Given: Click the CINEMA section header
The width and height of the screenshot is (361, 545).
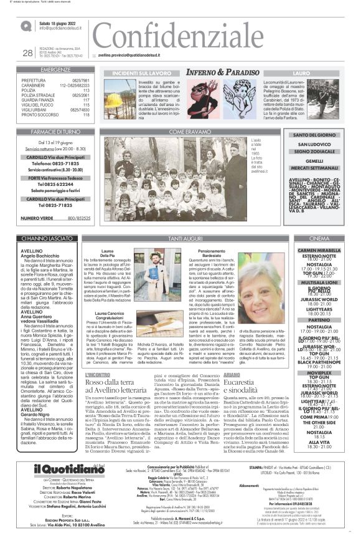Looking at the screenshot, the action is point(319,239).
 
